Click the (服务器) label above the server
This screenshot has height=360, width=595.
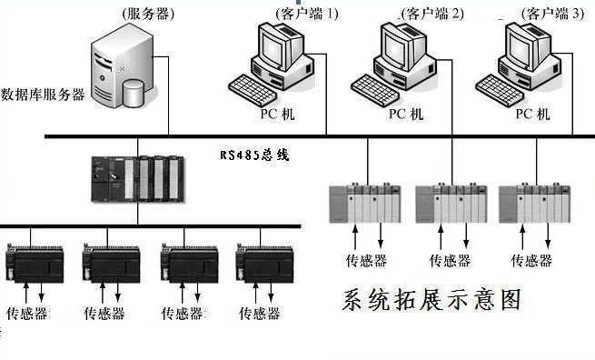point(147,14)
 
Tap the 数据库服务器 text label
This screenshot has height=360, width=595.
point(43,95)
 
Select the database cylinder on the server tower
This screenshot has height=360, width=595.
point(134,93)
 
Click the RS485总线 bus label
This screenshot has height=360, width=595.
point(254,155)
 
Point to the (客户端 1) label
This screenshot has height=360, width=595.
point(307,14)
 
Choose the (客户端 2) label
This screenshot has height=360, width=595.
point(432,14)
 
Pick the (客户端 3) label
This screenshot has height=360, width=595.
point(552,14)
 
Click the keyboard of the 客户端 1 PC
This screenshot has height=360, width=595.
point(253,90)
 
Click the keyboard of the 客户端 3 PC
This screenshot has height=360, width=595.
point(500,90)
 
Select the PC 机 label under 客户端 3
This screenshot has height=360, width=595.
point(532,114)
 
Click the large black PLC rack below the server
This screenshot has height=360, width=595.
point(138,178)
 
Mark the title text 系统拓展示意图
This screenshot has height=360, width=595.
point(431,300)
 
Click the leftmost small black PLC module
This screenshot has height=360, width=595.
point(35,264)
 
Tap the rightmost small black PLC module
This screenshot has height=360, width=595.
point(264,264)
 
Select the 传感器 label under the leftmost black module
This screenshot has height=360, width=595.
point(27,314)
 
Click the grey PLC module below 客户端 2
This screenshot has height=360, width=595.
point(451,203)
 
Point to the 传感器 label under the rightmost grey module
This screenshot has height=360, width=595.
point(531,261)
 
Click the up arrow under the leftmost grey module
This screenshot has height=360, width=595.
point(355,237)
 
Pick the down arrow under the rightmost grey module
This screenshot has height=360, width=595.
point(548,235)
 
